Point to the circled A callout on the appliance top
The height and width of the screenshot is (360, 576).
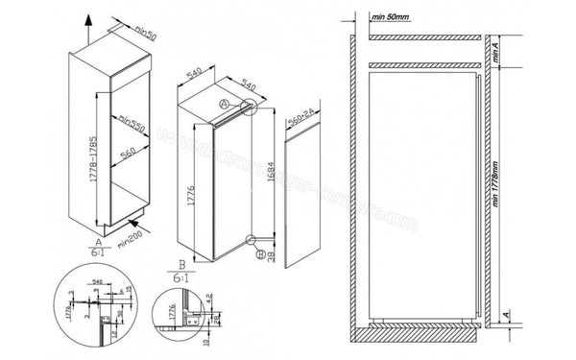tap(223, 102)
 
